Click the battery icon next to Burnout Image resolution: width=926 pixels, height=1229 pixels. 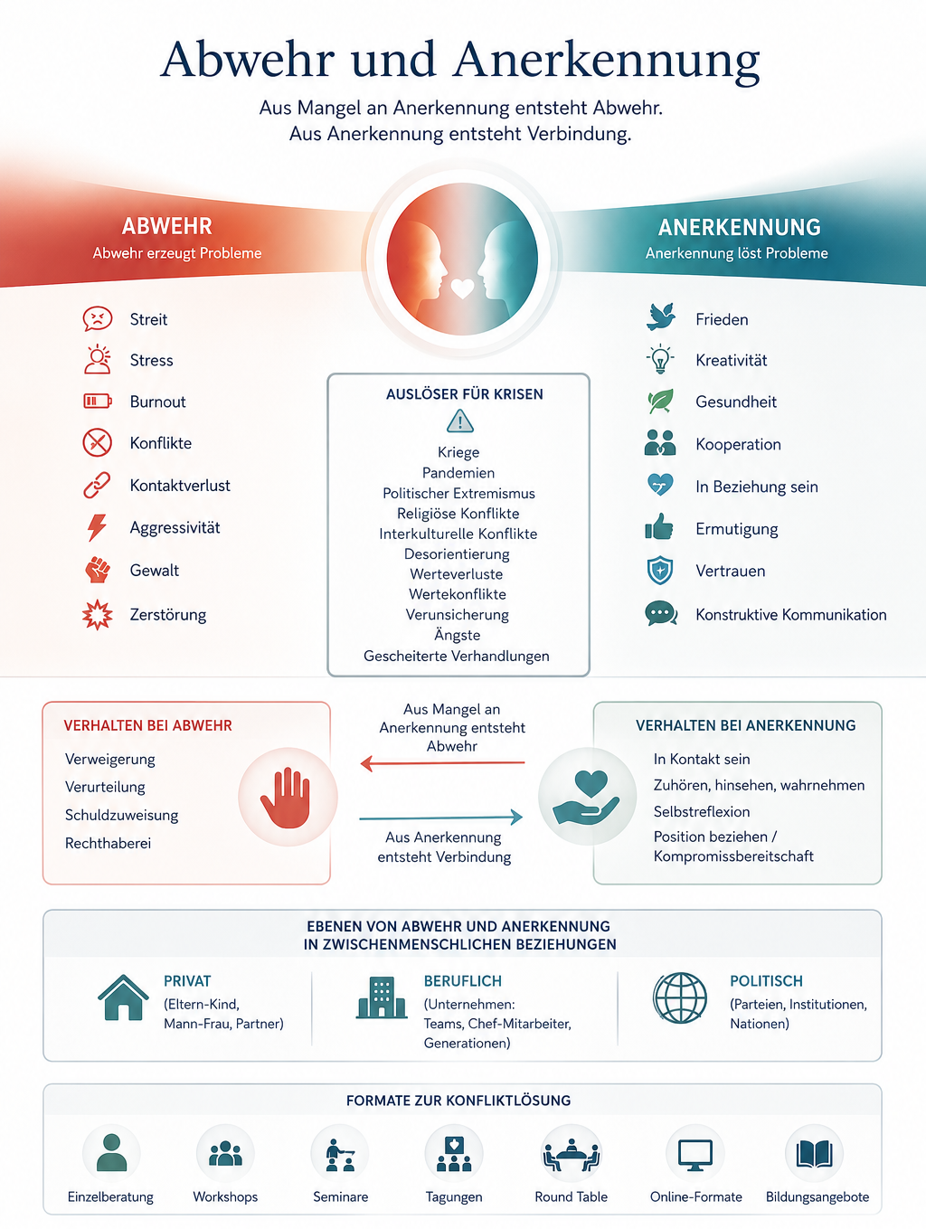98,401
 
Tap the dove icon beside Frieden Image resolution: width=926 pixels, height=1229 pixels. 661,317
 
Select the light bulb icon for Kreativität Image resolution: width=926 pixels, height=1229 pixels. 660,359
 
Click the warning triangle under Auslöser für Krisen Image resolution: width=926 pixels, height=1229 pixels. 460,421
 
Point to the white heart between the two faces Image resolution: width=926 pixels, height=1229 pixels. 462,288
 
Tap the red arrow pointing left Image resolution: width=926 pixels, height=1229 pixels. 442,762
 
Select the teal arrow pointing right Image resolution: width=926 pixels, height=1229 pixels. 441,818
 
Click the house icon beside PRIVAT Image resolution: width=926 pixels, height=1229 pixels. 123,997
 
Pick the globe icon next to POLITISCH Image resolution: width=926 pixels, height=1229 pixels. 680,997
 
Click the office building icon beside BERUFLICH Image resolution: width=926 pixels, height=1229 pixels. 382,997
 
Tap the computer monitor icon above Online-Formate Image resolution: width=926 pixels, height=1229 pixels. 695,1155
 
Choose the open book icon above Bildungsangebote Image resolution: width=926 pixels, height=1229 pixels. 815,1155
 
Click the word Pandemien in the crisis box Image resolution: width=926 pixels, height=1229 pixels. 458,473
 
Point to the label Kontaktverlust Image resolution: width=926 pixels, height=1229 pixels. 180,485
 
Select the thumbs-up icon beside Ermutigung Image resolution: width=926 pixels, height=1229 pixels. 659,526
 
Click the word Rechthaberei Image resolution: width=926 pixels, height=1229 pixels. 108,843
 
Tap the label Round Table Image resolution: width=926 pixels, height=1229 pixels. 571,1196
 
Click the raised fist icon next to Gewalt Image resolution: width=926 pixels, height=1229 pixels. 98,570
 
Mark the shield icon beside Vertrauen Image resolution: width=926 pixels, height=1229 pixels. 660,571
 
